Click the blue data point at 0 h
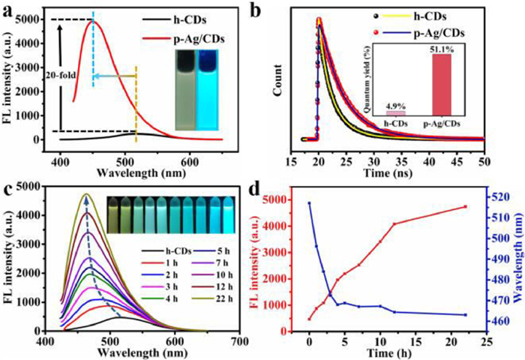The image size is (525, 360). pos(309,203)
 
